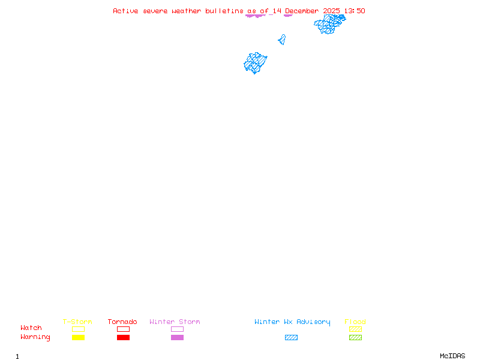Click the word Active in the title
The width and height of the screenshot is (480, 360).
[125, 11]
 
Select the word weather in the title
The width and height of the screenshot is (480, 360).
[187, 11]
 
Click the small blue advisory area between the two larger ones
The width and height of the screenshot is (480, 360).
[281, 40]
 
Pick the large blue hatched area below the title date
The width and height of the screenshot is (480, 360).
[329, 23]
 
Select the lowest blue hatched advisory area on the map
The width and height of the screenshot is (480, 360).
[255, 62]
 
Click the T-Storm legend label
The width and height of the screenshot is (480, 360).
[77, 322]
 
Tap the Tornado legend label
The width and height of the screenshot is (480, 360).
[122, 322]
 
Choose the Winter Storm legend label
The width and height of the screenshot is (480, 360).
[175, 322]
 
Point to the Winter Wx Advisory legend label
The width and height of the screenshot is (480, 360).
[292, 322]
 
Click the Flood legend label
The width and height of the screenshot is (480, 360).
[355, 322]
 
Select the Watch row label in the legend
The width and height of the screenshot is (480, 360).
[31, 328]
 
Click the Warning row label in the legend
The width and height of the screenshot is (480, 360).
[35, 337]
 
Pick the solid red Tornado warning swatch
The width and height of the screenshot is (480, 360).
[123, 337]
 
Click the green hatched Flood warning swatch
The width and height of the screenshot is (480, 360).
[355, 337]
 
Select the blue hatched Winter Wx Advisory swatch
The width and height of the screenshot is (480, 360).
[291, 337]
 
